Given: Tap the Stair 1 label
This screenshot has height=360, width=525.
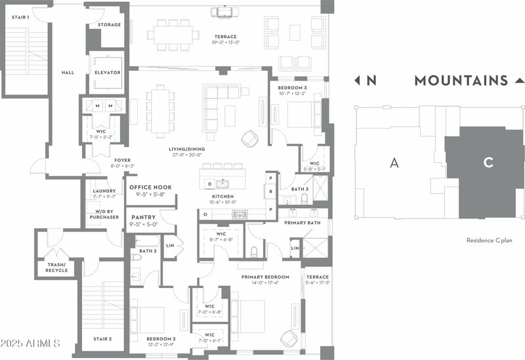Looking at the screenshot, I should [20, 17].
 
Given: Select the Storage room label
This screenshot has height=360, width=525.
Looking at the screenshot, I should [110, 25].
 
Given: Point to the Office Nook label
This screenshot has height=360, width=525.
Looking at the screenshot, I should [151, 188].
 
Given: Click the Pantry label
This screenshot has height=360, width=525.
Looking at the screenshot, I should [143, 217].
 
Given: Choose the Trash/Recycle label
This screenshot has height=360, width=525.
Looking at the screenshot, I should [56, 268].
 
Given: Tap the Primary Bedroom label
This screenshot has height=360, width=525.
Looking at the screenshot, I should [266, 277].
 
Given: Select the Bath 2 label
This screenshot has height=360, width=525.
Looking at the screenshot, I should [148, 251].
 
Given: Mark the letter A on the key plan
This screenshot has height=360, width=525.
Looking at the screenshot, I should [394, 163].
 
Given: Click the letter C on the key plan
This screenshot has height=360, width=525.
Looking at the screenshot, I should [488, 163].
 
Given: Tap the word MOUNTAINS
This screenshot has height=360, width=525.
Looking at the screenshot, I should [461, 81].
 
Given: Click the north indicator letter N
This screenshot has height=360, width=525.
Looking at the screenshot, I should [371, 81].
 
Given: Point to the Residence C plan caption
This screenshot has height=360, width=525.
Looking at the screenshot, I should [489, 241].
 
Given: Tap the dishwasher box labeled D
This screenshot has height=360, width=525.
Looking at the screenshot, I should [209, 184].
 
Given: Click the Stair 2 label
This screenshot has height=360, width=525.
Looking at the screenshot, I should [102, 339].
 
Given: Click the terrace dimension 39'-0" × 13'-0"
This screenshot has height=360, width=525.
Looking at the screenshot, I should [224, 43].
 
